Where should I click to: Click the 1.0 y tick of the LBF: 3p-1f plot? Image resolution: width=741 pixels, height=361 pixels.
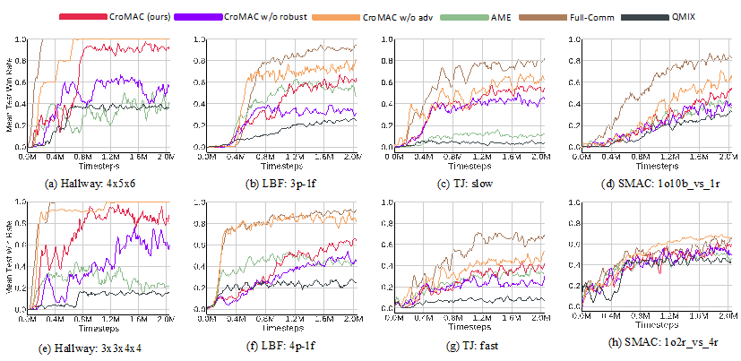point(199,40)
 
